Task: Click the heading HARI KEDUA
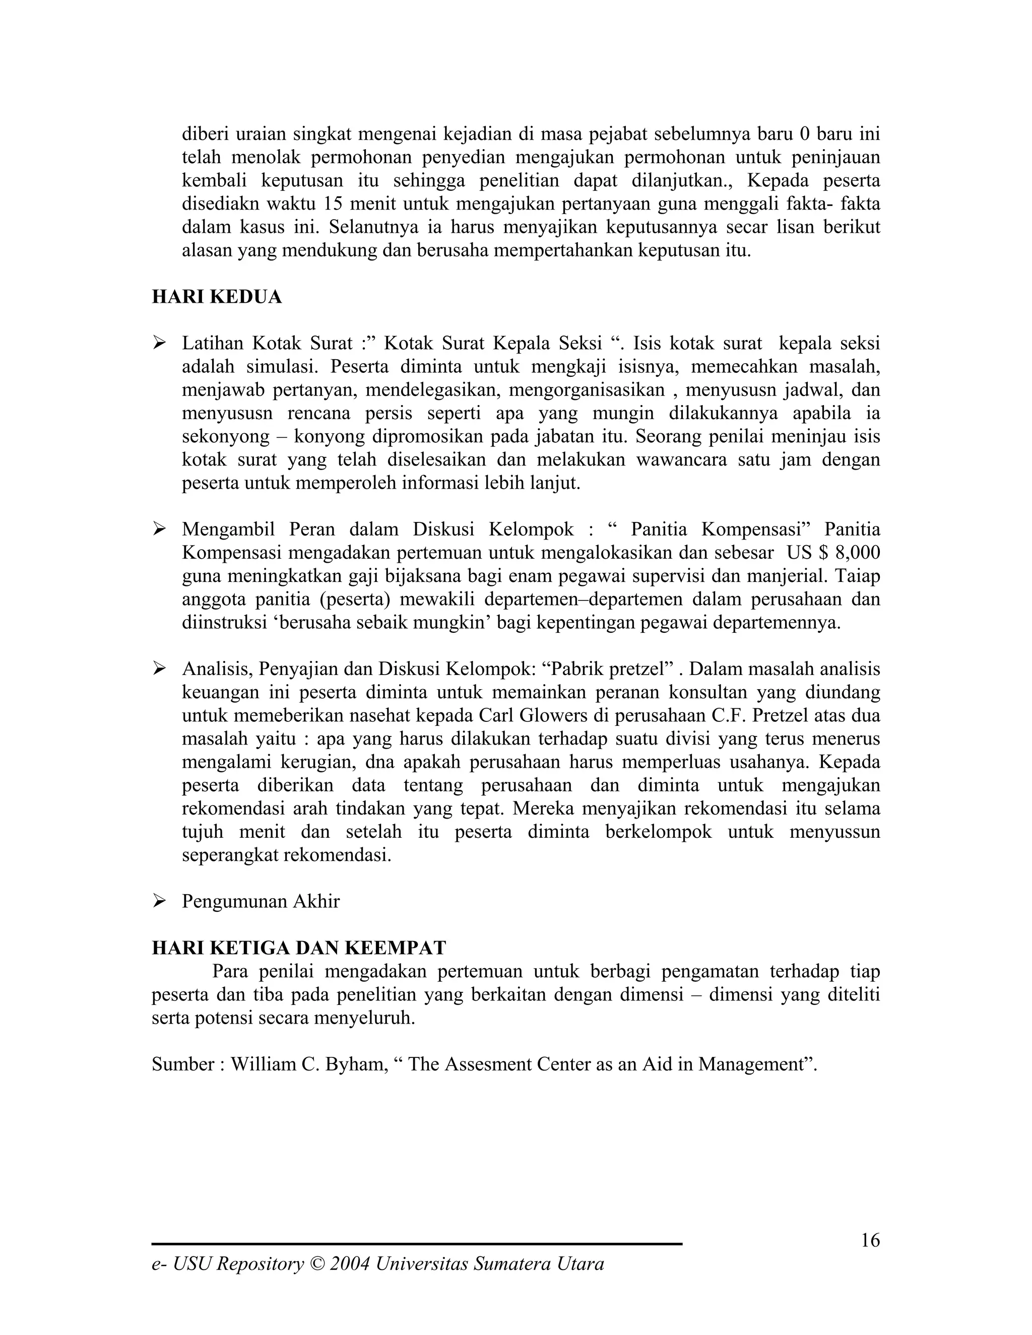pos(216,297)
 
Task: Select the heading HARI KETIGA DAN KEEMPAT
pos(299,948)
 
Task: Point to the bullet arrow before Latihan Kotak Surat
pos(160,343)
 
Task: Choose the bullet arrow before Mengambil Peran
pos(160,529)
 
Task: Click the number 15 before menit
pos(333,204)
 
